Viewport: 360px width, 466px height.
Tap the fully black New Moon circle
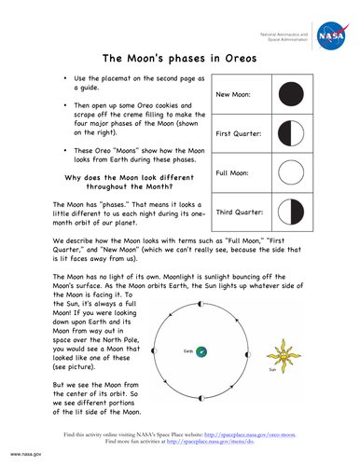(292, 95)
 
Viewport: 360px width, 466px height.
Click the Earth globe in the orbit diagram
(201, 350)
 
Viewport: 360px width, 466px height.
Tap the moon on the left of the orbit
(153, 350)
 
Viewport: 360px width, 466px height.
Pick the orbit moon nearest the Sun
(246, 350)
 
